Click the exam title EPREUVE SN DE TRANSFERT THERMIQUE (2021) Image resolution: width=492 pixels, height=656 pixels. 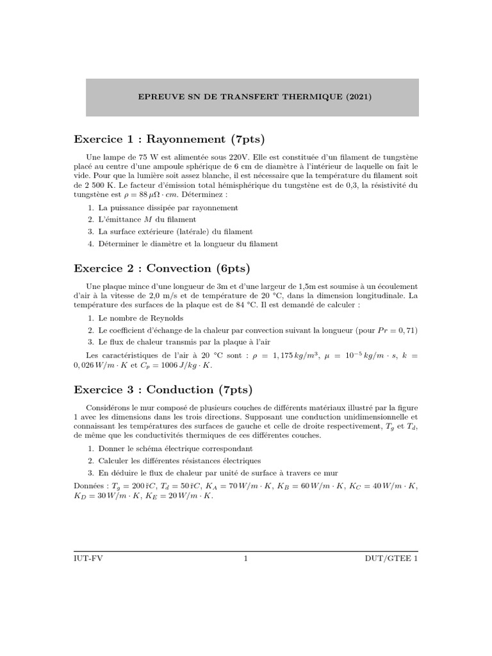coord(255,97)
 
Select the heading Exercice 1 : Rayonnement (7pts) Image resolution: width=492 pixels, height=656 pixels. coord(169,138)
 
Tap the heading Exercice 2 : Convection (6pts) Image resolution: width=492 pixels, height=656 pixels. coord(162,268)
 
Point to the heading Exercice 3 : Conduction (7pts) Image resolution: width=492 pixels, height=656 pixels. coord(163,389)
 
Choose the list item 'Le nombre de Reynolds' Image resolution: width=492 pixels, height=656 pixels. coord(141,318)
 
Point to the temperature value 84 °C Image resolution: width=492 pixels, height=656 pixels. coord(252,306)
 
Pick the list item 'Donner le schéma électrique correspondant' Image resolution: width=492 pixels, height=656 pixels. coord(176,449)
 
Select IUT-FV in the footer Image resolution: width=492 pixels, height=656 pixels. coord(87,559)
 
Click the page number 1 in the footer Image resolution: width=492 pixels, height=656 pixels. coord(246,559)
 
